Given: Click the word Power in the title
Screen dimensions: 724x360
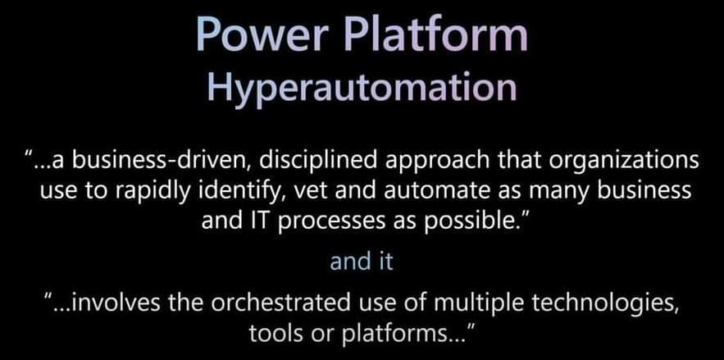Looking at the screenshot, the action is [x=258, y=34].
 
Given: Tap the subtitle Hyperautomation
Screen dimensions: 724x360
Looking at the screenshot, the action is [x=362, y=87].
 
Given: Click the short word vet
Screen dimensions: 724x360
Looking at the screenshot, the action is [x=306, y=192].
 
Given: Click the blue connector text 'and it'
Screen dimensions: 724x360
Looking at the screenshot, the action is [x=362, y=262].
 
